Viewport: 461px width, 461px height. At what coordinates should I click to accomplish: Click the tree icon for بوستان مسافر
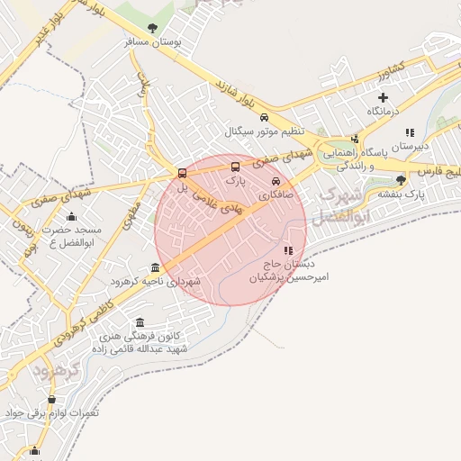pos(151,28)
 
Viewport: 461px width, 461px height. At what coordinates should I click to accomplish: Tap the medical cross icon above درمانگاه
pos(384,97)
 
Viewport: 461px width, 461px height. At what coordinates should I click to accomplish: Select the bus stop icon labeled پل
pos(183,173)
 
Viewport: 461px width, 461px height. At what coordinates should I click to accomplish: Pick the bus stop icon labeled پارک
pos(236,167)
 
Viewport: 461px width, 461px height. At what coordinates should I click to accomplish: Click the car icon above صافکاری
pos(288,180)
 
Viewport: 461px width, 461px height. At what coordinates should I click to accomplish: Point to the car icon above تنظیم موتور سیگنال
pos(263,118)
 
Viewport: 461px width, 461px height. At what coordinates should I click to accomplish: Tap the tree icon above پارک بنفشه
pos(401,180)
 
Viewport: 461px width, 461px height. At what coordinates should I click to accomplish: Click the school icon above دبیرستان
pos(410,131)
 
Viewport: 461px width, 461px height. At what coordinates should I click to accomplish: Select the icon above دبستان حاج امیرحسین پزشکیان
pos(288,250)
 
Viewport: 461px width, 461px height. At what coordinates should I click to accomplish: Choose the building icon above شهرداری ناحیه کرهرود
pos(156,267)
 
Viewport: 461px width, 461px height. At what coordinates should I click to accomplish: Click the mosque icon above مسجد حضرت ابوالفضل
pos(72,216)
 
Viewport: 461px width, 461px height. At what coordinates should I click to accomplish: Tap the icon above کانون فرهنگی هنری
pos(140,322)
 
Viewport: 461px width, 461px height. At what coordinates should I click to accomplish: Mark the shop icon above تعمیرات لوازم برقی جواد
pos(51,399)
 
